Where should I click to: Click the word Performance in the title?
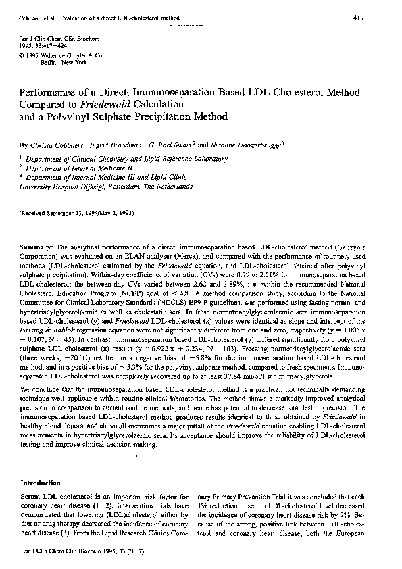point(53,93)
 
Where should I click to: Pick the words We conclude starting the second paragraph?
point(40,372)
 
